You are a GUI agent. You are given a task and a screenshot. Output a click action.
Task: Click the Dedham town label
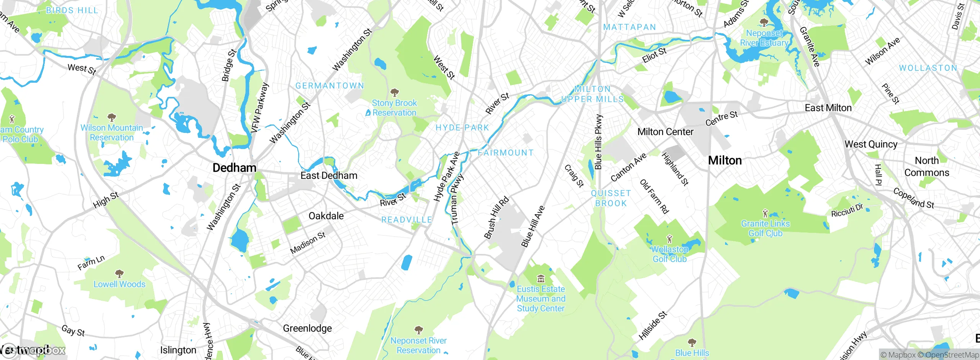(x=234, y=168)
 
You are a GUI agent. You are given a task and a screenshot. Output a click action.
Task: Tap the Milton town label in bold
(x=725, y=160)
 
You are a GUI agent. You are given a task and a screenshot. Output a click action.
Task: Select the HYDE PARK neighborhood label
(x=462, y=128)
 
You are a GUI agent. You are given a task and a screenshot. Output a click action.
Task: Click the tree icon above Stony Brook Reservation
(x=394, y=93)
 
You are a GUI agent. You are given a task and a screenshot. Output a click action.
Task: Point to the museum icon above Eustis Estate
(x=541, y=278)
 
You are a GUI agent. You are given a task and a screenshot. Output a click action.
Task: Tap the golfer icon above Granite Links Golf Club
(x=765, y=213)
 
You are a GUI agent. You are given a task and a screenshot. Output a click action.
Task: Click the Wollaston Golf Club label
(x=670, y=254)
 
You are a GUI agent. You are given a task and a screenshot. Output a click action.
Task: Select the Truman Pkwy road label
(x=457, y=200)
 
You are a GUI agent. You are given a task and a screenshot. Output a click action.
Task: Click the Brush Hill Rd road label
(x=497, y=218)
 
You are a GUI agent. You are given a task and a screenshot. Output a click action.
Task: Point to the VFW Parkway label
(x=260, y=108)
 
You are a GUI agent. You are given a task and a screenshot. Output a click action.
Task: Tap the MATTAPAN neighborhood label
(x=629, y=27)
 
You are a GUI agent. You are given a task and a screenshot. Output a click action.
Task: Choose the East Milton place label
(x=828, y=108)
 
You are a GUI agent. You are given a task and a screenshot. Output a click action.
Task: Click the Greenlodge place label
(x=307, y=328)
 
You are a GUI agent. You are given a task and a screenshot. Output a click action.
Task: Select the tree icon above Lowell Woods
(x=119, y=273)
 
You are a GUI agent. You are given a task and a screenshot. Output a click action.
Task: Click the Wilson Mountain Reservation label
(x=112, y=133)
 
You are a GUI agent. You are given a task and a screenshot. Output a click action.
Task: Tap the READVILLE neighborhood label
(x=407, y=220)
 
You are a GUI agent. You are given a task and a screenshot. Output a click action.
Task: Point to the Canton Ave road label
(x=628, y=167)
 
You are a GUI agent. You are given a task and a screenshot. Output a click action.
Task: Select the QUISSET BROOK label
(x=611, y=198)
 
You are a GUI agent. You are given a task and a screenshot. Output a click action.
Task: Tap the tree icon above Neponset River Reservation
(x=419, y=330)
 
